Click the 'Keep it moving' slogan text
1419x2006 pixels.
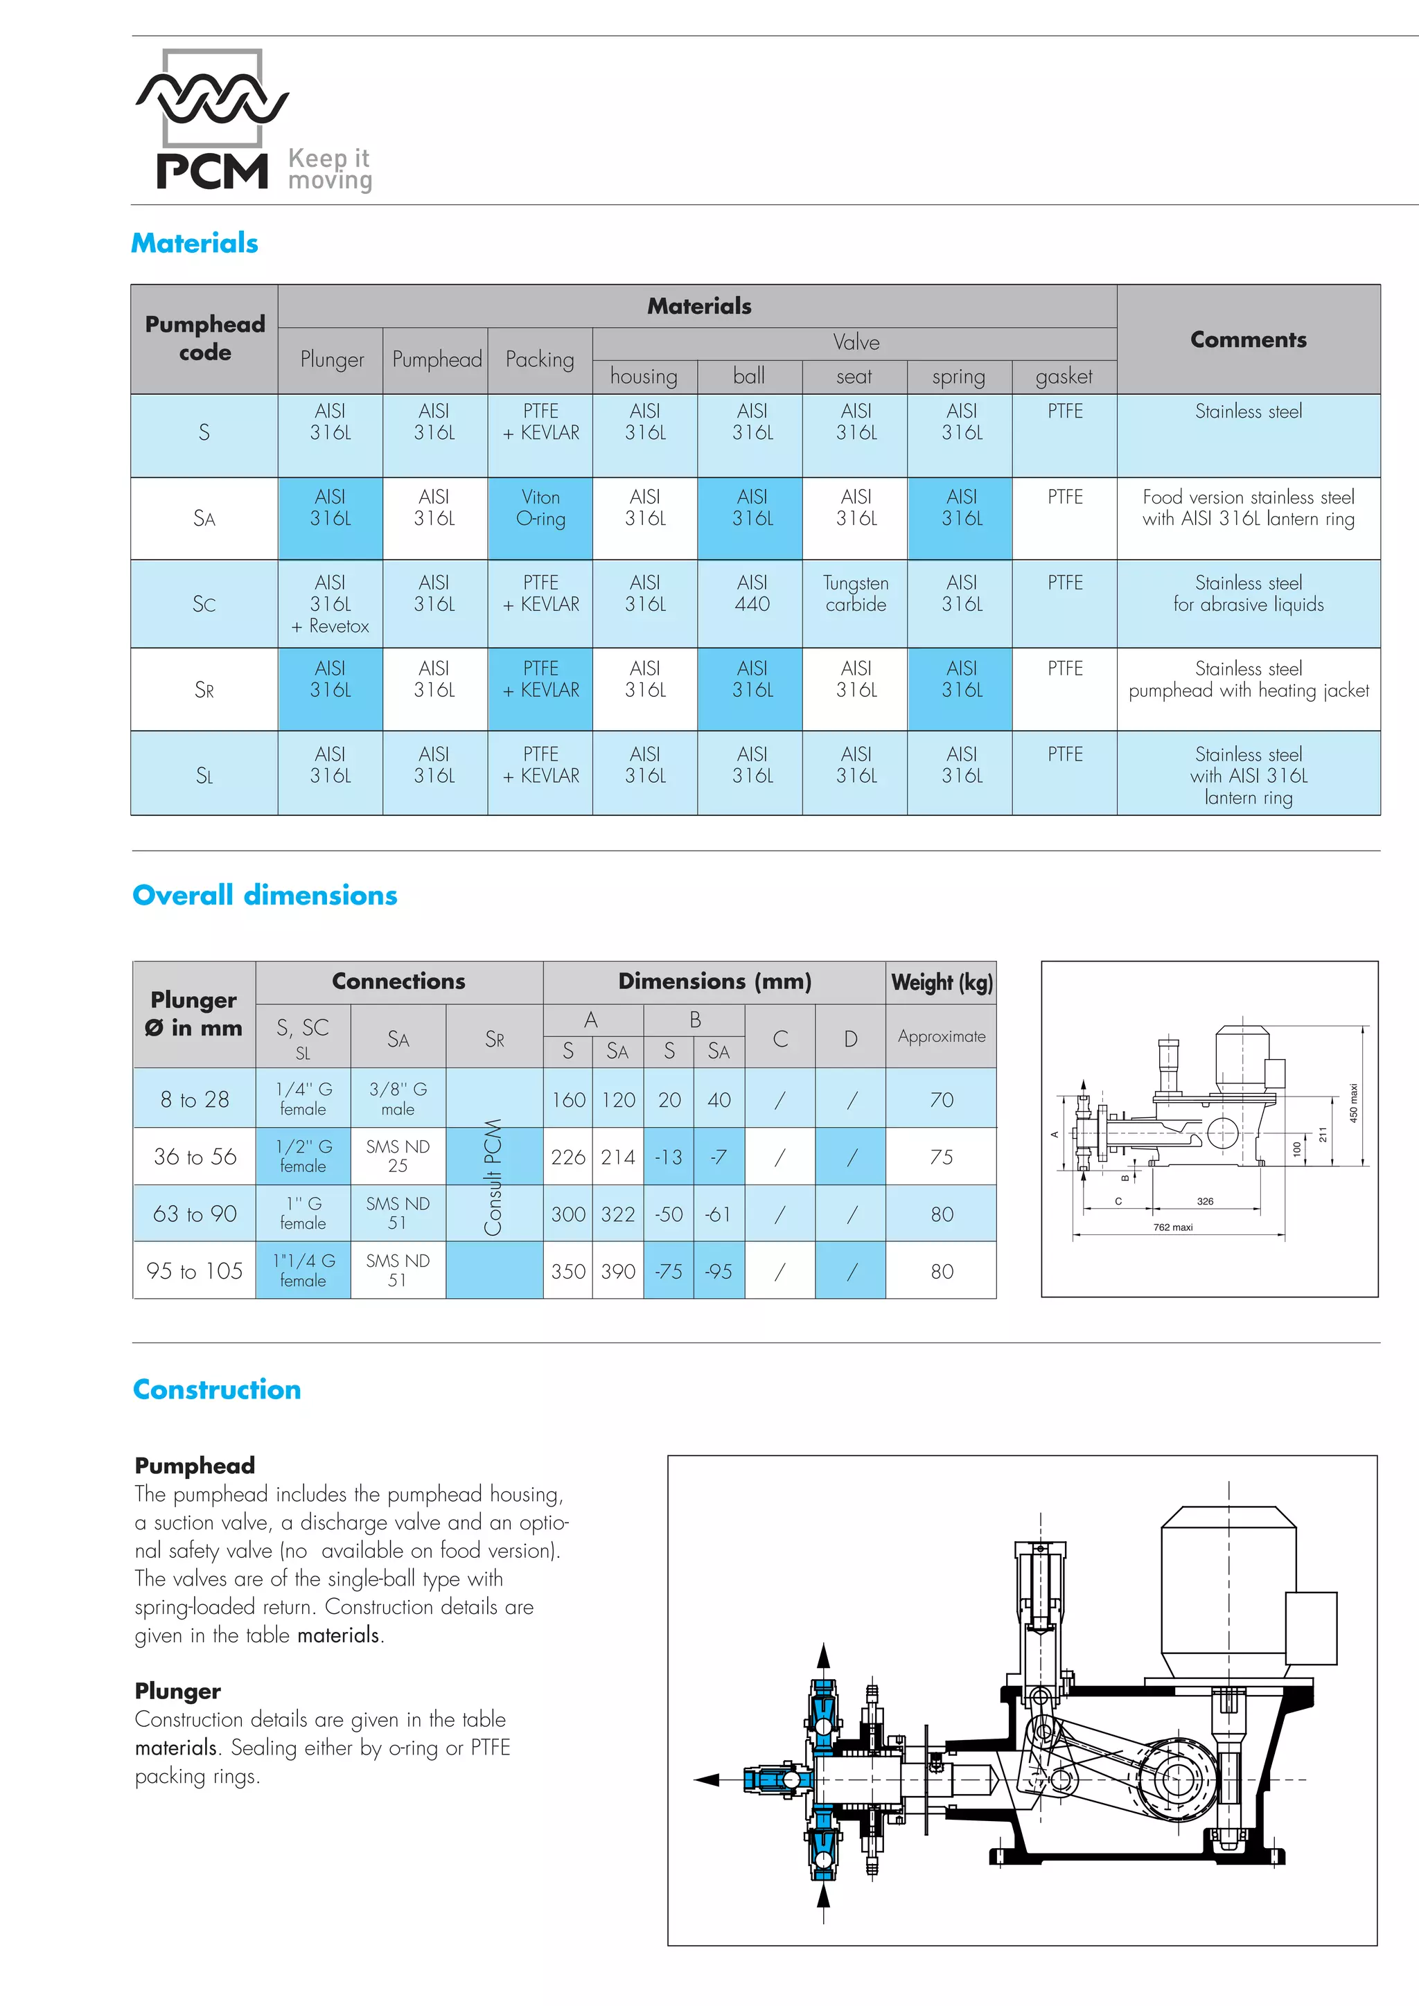click(329, 170)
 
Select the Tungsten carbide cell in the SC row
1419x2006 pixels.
click(856, 594)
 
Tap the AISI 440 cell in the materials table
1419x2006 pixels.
click(752, 594)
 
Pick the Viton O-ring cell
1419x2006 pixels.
click(540, 508)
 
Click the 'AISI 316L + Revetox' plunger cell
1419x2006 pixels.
click(330, 604)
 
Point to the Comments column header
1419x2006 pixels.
click(1248, 340)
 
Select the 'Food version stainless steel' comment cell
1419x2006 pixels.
click(1248, 508)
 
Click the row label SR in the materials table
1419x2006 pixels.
click(204, 690)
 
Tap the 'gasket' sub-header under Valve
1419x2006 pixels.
click(1064, 377)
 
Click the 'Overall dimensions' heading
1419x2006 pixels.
click(265, 896)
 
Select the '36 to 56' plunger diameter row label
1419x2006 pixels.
click(195, 1157)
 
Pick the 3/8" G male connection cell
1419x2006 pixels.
click(398, 1099)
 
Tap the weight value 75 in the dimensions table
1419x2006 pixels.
click(941, 1157)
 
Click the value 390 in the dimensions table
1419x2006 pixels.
click(618, 1271)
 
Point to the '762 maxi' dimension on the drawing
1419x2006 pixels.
click(1172, 1227)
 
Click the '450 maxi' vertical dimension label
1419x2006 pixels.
click(1353, 1103)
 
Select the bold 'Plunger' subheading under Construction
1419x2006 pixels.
click(177, 1692)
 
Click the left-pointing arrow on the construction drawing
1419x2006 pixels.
click(706, 1779)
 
